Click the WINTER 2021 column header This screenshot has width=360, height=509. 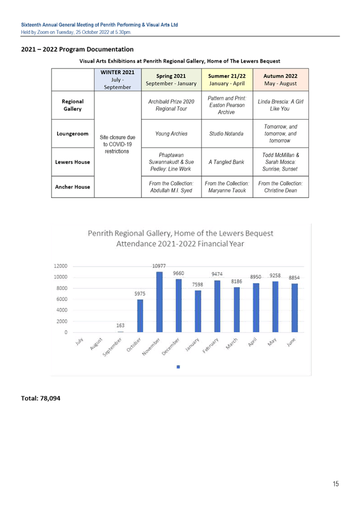pos(117,80)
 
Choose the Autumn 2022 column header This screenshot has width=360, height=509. pos(280,80)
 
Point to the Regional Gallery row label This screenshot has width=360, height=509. pos(72,105)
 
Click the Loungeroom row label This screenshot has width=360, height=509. pos(72,133)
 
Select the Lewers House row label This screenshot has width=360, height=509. pos(72,161)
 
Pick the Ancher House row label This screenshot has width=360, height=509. pos(72,186)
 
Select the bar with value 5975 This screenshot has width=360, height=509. pos(140,315)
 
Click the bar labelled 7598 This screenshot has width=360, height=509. pos(198,311)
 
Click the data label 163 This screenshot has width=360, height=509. pos(121,326)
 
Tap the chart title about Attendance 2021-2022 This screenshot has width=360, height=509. pos(179,239)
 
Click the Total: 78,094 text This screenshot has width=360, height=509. pos(41,398)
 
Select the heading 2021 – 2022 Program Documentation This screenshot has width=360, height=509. pos(77,50)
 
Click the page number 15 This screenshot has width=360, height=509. pos(336,483)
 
